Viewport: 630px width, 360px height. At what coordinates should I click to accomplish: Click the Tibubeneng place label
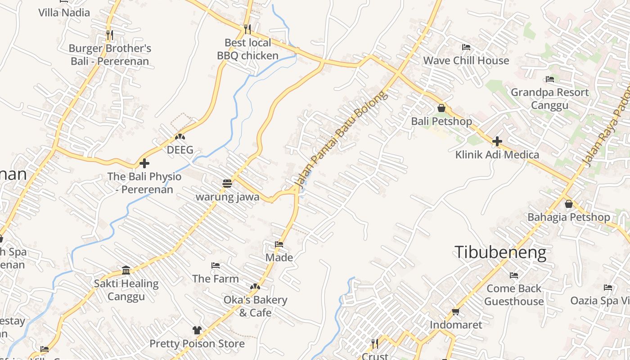click(x=500, y=252)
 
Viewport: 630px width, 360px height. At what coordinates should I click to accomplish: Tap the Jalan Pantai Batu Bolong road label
click(x=341, y=139)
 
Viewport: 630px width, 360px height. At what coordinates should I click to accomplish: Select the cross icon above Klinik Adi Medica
click(x=497, y=141)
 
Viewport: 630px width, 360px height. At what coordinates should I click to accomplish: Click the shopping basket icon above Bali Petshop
click(x=441, y=108)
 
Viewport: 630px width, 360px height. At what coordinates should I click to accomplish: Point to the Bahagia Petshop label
click(x=569, y=217)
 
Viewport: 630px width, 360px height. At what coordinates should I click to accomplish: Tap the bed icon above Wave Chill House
click(x=466, y=47)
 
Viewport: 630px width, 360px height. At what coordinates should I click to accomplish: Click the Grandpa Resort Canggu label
click(x=549, y=99)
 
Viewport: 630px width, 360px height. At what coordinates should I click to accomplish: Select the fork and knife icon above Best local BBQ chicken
click(x=247, y=29)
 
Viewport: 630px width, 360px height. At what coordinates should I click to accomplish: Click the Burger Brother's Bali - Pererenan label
click(x=110, y=54)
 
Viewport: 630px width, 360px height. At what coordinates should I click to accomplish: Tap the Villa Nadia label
click(x=64, y=13)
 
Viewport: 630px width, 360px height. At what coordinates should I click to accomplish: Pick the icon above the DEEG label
click(x=180, y=136)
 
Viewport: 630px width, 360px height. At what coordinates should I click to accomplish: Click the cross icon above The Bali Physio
click(x=144, y=163)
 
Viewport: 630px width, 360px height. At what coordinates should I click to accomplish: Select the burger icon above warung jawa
click(x=227, y=184)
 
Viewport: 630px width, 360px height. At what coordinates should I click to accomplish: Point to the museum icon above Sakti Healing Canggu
click(x=126, y=270)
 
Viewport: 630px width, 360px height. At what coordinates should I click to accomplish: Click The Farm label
click(x=216, y=279)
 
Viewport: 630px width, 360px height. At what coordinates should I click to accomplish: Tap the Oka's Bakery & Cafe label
click(x=255, y=306)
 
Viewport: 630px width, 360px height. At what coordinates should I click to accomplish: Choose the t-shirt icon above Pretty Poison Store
click(x=197, y=330)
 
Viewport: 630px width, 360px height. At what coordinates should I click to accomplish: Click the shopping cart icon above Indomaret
click(x=455, y=311)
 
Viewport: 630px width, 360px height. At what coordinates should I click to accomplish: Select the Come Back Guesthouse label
click(x=514, y=295)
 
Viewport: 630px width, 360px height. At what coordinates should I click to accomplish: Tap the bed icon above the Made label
click(x=279, y=244)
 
